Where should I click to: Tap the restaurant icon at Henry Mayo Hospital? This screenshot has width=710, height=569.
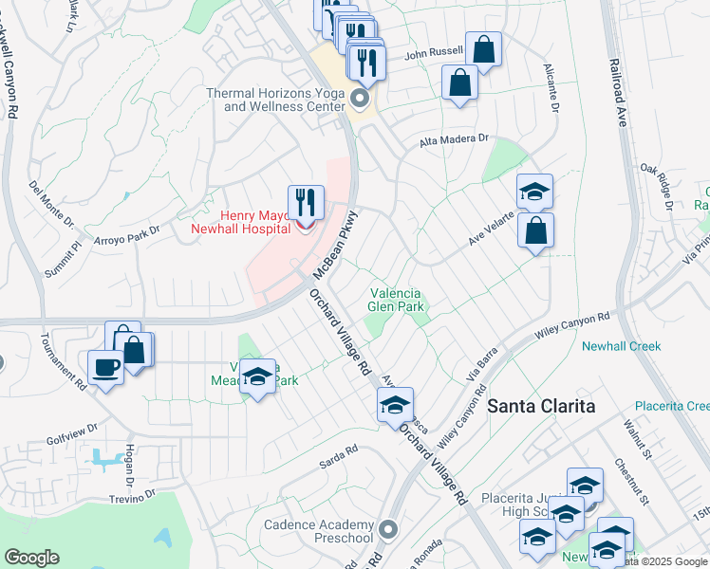[x=306, y=202]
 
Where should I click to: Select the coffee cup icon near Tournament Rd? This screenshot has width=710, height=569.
[x=105, y=367]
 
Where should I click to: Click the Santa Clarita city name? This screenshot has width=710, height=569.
[x=541, y=406]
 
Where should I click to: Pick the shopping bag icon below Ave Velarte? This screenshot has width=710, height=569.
[x=536, y=230]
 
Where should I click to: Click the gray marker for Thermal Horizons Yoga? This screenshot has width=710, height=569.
[x=360, y=99]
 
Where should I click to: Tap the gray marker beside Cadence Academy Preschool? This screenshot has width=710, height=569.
[x=386, y=528]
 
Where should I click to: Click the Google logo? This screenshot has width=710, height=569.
[x=31, y=558]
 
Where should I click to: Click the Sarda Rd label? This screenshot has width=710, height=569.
[x=338, y=451]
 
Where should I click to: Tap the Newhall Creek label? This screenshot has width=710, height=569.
[x=621, y=346]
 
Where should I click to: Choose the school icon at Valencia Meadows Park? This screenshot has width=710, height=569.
[x=257, y=376]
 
